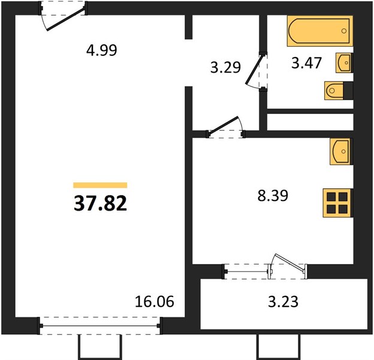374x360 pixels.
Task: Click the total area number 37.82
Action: click(x=100, y=203)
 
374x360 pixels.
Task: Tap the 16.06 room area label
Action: click(x=154, y=301)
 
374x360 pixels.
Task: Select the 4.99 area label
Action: click(x=102, y=50)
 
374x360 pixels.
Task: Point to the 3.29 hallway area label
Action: click(x=225, y=67)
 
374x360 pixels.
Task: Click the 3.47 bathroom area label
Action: click(x=306, y=63)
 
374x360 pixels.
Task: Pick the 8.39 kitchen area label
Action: click(x=273, y=195)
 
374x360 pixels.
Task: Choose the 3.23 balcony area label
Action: click(x=283, y=302)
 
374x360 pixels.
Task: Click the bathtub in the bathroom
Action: click(x=320, y=31)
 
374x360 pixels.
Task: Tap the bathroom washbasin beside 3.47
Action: click(x=345, y=63)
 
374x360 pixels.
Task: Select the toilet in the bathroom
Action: click(x=339, y=91)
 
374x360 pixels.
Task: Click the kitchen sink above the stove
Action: click(x=341, y=151)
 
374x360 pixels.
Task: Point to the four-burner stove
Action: click(x=338, y=203)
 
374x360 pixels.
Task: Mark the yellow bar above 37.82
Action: click(x=100, y=185)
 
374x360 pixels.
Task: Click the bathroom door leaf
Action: click(x=255, y=69)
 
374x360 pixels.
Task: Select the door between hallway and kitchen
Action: click(x=223, y=126)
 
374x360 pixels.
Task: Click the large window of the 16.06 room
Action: click(x=100, y=326)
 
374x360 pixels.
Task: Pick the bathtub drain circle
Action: click(x=343, y=31)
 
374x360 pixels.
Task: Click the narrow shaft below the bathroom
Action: click(x=310, y=122)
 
